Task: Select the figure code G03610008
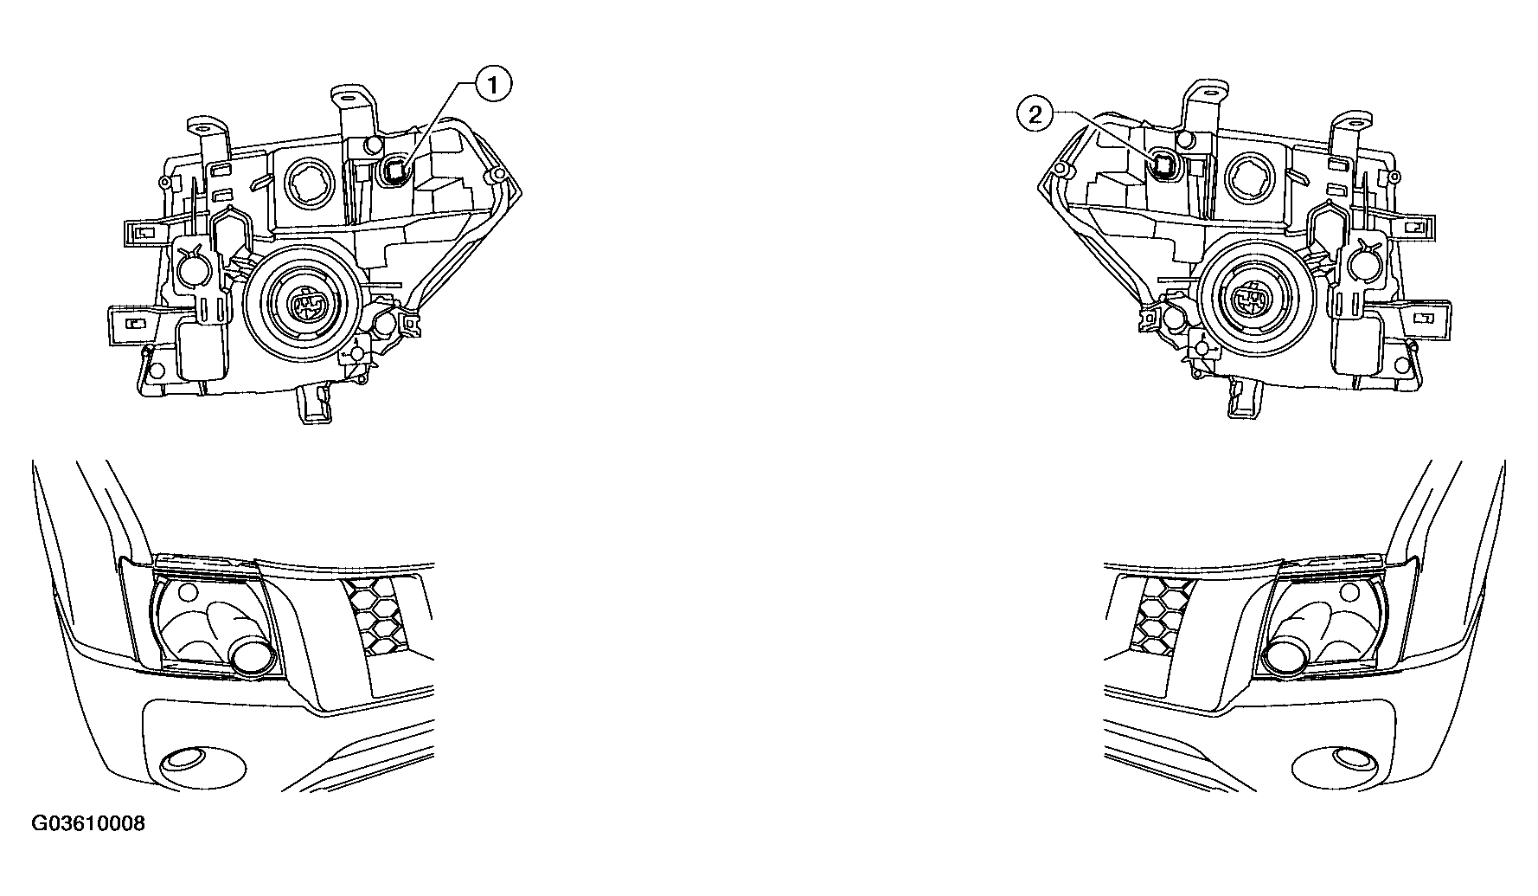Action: click(89, 823)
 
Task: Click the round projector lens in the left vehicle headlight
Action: click(253, 658)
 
